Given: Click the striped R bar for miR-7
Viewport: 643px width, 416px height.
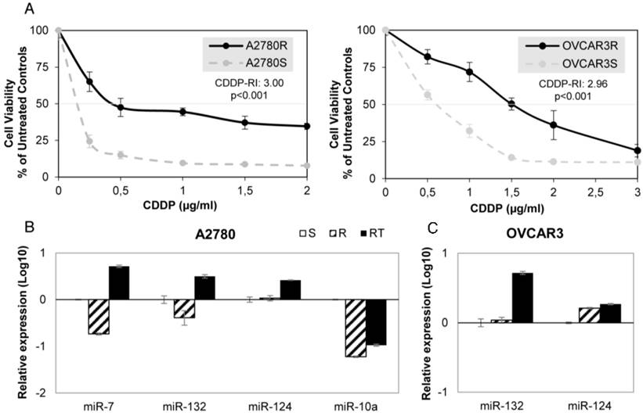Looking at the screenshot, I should coord(98,317).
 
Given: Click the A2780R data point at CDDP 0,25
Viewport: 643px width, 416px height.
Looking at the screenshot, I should coord(89,81).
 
